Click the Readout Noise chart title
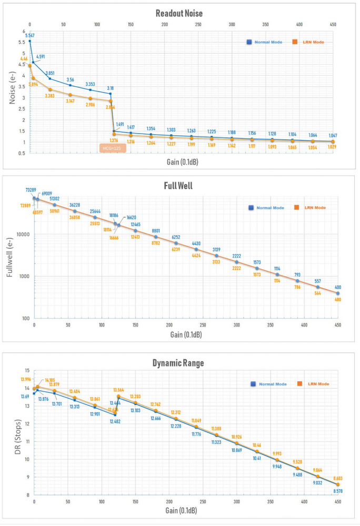pyautogui.click(x=179, y=14)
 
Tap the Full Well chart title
pyautogui.click(x=179, y=185)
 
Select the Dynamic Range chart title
pyautogui.click(x=179, y=362)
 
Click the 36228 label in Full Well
pyautogui.click(x=75, y=205)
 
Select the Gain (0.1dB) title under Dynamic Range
pyautogui.click(x=179, y=510)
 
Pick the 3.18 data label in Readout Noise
pyautogui.click(x=110, y=88)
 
